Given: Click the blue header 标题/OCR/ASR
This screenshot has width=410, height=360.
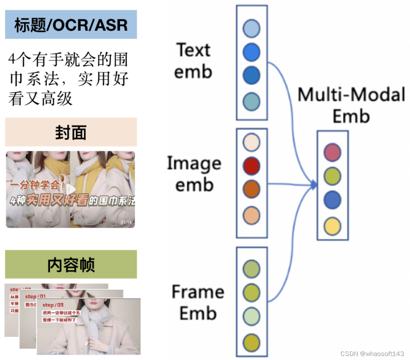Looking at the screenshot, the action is click(71, 25).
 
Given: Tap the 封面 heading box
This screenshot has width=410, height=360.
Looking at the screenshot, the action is click(71, 132).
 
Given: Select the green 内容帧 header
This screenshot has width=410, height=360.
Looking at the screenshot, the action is click(71, 265).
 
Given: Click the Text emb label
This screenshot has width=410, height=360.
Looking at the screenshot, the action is click(193, 61).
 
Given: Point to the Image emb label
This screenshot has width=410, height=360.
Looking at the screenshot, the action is click(194, 174).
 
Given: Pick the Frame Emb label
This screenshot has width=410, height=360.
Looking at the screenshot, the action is click(198, 302).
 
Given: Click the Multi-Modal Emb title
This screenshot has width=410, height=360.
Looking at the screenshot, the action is click(351, 105).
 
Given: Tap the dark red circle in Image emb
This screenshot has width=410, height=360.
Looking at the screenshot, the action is click(251, 166).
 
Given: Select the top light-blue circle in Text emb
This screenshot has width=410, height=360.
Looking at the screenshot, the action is click(251, 29).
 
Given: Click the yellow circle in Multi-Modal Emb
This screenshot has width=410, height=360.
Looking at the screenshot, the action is click(332, 226).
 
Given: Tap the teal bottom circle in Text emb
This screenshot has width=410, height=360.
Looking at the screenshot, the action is click(251, 101).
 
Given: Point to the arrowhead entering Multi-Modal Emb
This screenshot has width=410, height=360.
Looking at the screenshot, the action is click(314, 185).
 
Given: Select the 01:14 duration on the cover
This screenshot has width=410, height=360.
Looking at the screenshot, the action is click(126, 222).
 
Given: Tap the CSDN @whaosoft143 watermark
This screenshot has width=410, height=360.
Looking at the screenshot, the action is click(372, 354).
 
